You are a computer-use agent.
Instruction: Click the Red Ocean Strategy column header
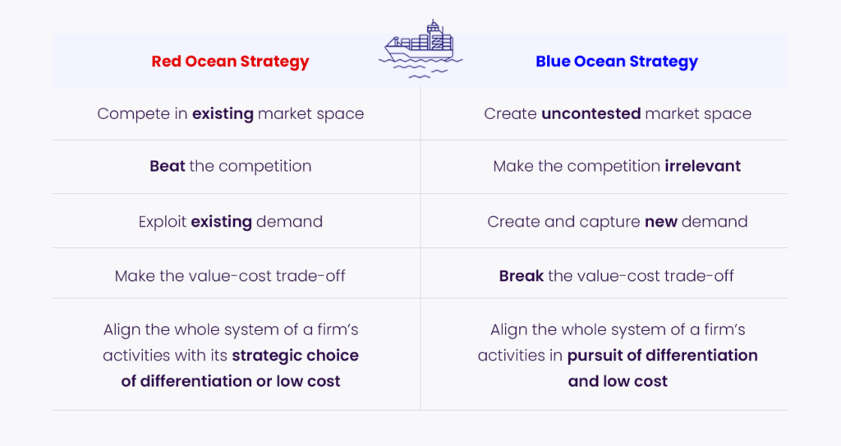click(230, 62)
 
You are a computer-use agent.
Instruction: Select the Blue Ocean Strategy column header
click(617, 62)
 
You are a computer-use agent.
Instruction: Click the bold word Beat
click(168, 167)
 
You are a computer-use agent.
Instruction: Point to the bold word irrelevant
click(703, 167)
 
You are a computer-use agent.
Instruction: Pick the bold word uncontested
click(591, 114)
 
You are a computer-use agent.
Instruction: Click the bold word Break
click(522, 276)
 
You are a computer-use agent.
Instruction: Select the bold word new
click(661, 223)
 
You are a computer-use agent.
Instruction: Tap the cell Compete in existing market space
click(231, 114)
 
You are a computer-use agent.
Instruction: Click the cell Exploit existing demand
click(231, 223)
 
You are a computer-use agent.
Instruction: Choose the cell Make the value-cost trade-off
click(230, 276)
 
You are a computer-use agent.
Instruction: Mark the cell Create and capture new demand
click(618, 223)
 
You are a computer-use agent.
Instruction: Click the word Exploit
click(163, 223)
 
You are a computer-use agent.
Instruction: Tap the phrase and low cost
click(618, 381)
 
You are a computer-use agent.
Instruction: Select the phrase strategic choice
click(296, 356)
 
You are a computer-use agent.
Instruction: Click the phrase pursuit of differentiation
click(663, 356)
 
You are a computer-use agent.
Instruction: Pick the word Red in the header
click(166, 61)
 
